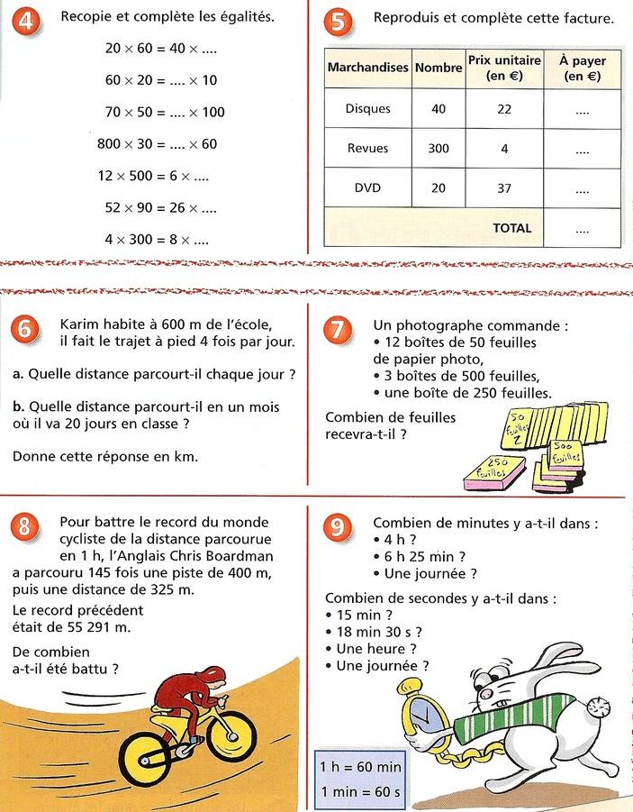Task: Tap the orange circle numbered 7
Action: [x=338, y=330]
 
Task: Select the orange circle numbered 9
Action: [x=338, y=527]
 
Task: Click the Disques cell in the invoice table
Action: [x=367, y=109]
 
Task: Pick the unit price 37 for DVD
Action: [x=504, y=188]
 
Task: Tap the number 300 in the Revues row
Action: [x=439, y=149]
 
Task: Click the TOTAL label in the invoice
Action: [x=512, y=228]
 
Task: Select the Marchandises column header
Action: [x=367, y=68]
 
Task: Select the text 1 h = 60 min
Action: [x=360, y=767]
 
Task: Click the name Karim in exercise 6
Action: [x=79, y=324]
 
